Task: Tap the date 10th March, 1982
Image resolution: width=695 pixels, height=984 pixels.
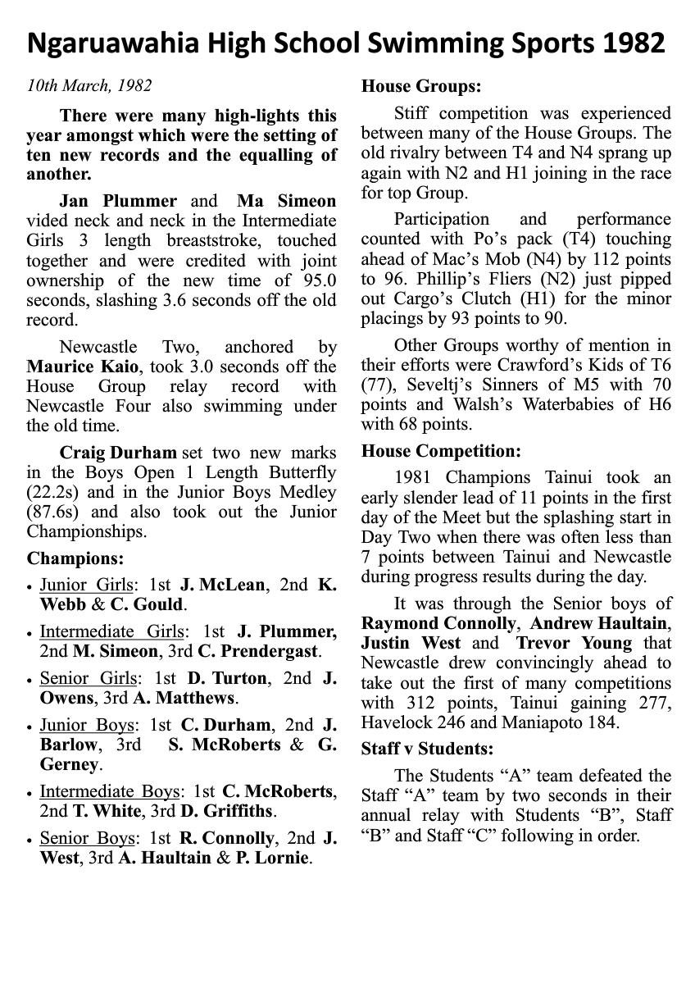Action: [89, 85]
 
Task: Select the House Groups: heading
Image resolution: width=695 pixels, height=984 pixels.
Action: [421, 85]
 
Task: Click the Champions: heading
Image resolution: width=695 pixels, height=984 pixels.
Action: [75, 558]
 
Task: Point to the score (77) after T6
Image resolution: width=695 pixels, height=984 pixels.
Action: [377, 403]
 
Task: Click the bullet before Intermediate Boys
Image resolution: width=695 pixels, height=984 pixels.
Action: [30, 793]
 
